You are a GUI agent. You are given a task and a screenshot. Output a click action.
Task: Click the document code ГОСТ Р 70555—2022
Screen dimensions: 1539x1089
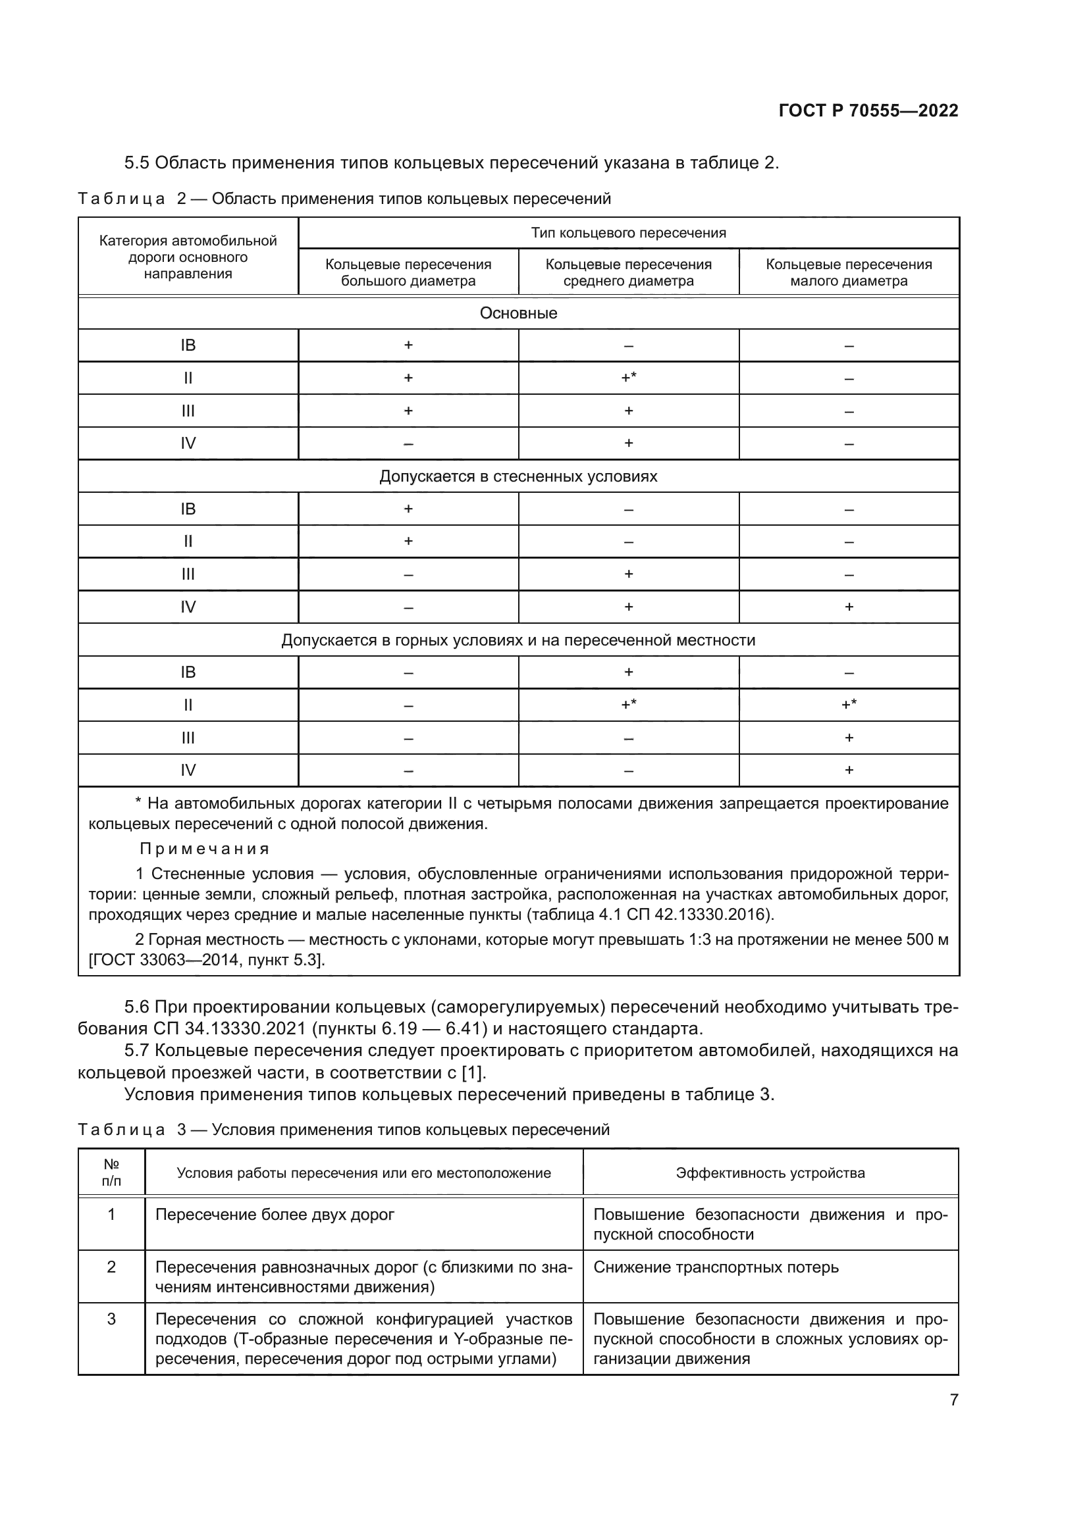(868, 111)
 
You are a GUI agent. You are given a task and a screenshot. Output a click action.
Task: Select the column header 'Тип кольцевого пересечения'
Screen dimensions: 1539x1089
(628, 234)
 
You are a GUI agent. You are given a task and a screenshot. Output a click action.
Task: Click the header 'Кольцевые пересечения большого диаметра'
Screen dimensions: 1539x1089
(408, 272)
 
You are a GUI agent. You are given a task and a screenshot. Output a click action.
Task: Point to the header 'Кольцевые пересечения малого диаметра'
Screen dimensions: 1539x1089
(848, 272)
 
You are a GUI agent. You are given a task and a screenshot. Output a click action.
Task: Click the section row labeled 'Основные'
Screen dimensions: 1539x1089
(518, 313)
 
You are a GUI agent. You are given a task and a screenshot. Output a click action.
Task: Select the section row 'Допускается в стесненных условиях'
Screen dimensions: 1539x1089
(518, 476)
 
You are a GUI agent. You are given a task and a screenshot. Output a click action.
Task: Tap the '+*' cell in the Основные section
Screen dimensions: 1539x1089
(628, 378)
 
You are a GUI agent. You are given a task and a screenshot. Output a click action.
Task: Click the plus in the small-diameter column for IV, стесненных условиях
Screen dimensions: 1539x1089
(848, 607)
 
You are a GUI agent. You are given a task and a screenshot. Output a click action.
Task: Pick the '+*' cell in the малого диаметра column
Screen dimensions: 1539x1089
(848, 705)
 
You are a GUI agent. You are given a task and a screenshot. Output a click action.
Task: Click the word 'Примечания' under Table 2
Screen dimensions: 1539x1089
(204, 849)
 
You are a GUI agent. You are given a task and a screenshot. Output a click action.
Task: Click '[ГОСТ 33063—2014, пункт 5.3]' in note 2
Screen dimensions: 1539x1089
(207, 960)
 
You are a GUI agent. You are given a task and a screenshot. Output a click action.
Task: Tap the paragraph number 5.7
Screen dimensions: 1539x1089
(138, 1050)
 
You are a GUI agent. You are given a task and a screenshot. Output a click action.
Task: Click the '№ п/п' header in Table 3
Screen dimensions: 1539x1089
(111, 1173)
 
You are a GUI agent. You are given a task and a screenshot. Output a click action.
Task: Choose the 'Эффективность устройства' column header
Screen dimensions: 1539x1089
(770, 1173)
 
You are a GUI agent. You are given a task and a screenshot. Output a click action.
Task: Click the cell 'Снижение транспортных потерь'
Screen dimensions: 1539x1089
(716, 1267)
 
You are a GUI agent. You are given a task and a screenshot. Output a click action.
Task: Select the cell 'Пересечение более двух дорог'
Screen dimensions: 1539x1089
(275, 1215)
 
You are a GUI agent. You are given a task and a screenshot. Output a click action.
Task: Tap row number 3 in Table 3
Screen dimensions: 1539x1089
(111, 1319)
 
